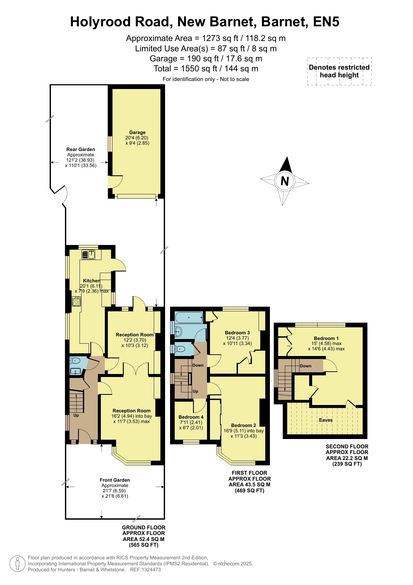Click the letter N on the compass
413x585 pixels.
[285, 181]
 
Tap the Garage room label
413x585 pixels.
[137, 132]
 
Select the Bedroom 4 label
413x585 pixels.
[191, 417]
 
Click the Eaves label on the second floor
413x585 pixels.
[325, 420]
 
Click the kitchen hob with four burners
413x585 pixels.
[77, 301]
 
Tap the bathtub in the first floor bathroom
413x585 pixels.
[189, 318]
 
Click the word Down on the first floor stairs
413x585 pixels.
[198, 365]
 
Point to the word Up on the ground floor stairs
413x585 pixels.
[76, 415]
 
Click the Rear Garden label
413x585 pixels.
[81, 149]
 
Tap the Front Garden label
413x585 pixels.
[115, 480]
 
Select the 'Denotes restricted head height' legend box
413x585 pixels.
[339, 71]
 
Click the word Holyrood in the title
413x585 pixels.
[101, 22]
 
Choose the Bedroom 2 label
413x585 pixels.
[244, 425]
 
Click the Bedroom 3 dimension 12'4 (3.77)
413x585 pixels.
[237, 338]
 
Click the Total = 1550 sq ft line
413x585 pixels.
[206, 69]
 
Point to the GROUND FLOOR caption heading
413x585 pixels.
[144, 528]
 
